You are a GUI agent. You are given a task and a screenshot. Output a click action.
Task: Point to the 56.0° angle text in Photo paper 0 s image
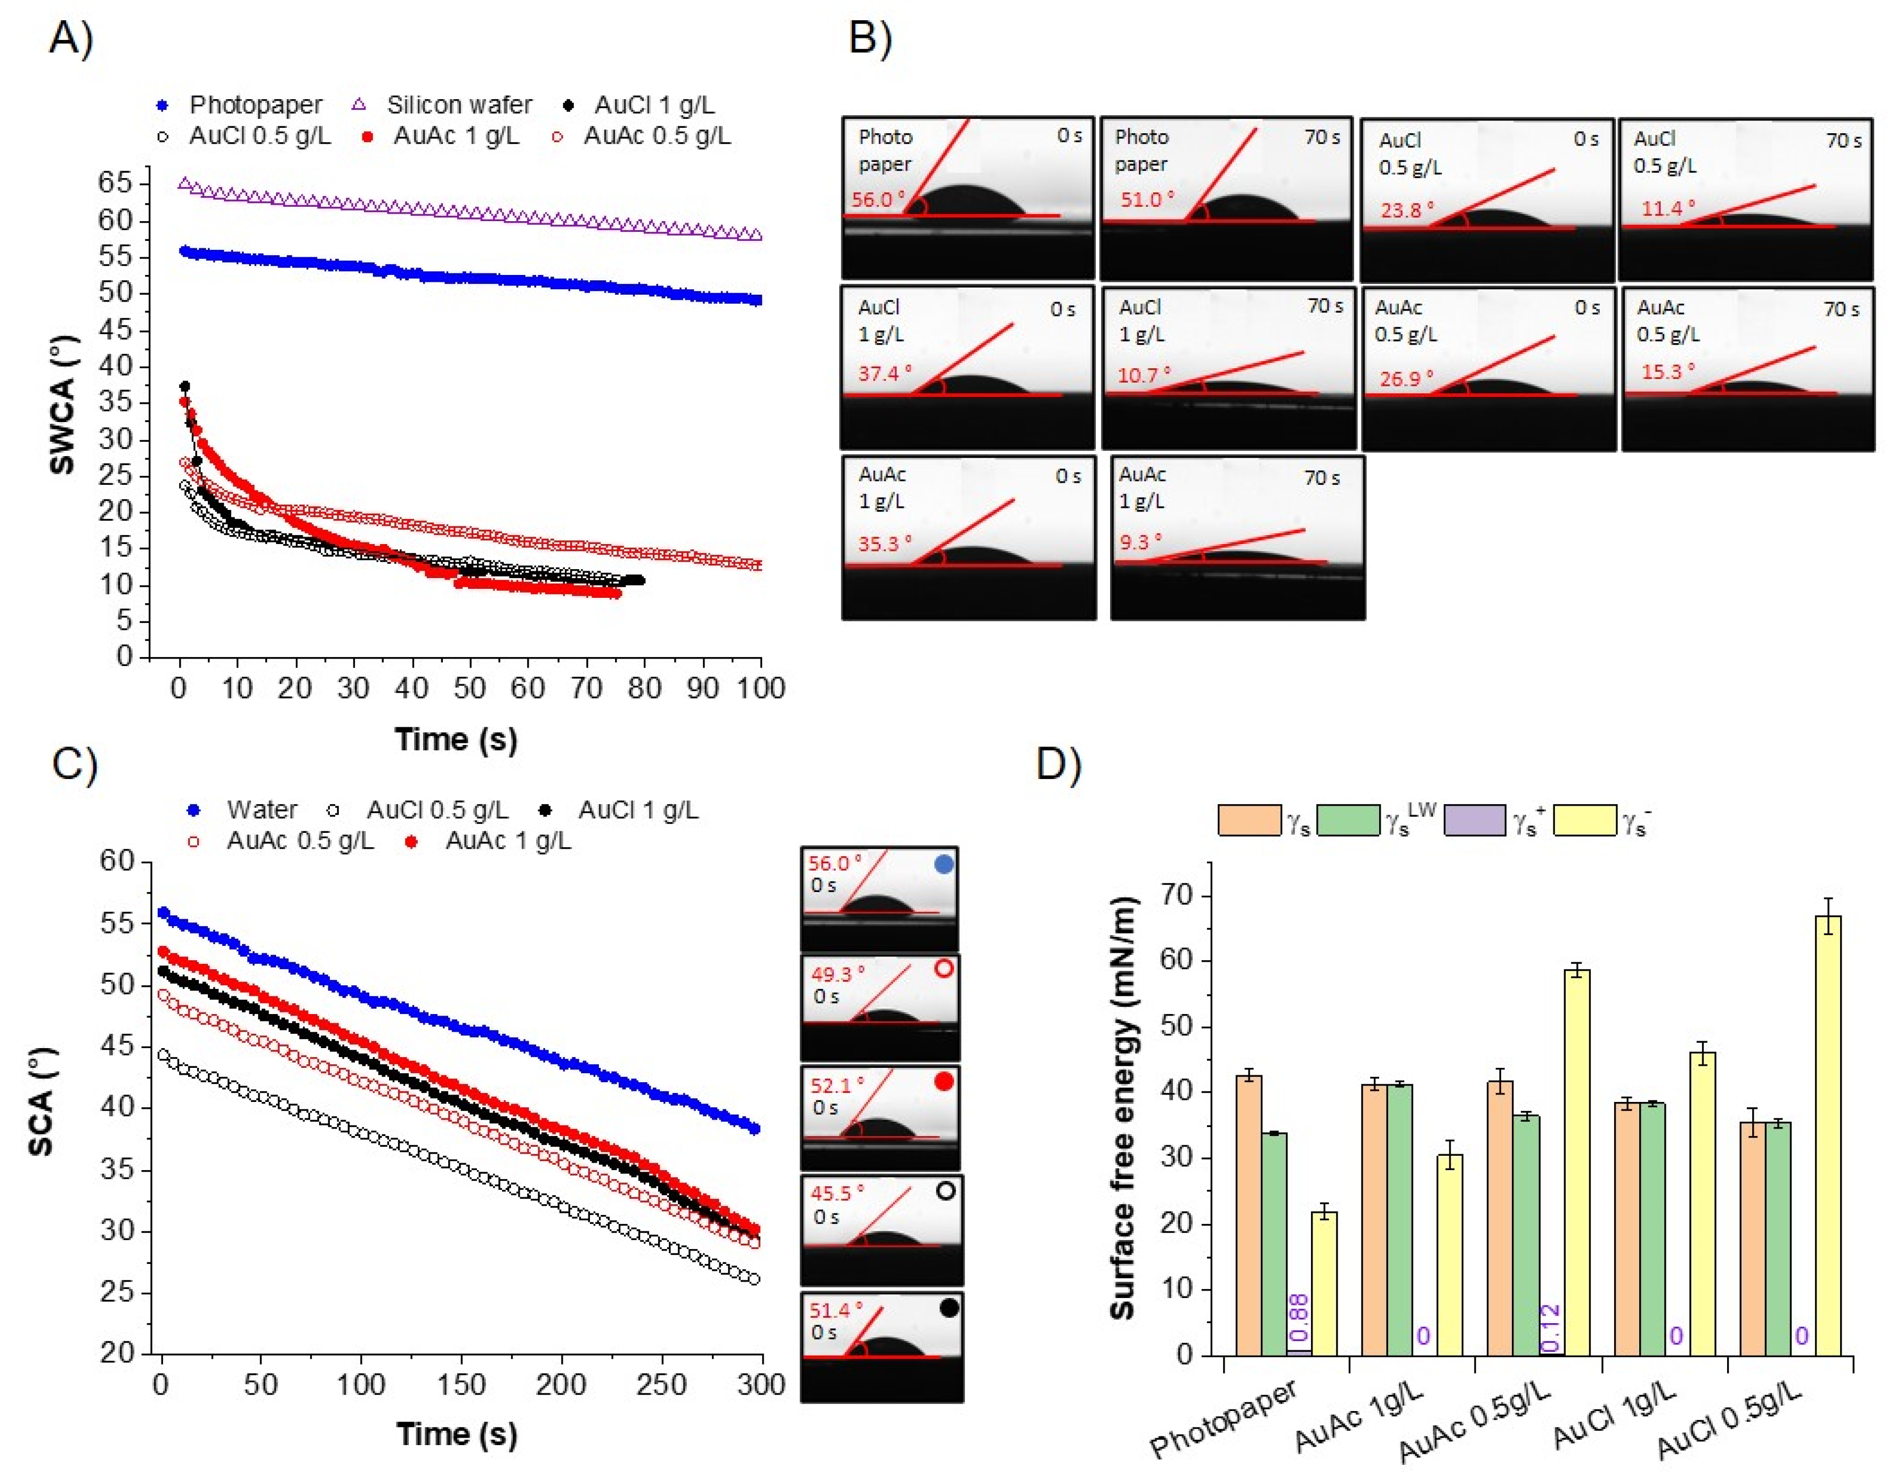point(878,199)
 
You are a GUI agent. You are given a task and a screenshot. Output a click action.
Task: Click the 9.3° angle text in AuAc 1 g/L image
point(1140,542)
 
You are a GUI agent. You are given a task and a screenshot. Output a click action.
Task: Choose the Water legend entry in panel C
point(262,809)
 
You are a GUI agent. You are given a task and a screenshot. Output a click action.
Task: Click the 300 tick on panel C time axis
point(760,1385)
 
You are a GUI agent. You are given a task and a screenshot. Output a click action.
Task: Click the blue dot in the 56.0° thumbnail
point(944,864)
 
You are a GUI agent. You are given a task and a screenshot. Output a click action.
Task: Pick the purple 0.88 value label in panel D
point(1298,1318)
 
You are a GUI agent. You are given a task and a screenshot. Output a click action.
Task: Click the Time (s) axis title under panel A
point(456,739)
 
